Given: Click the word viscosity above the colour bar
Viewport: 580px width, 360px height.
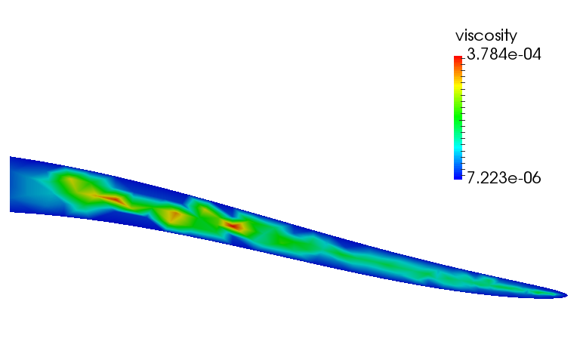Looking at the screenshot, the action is click(486, 36).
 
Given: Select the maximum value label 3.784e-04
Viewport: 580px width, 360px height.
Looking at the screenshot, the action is click(504, 54).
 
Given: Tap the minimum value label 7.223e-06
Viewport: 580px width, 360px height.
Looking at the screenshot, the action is click(504, 178).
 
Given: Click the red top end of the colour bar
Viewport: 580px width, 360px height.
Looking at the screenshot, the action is click(458, 58).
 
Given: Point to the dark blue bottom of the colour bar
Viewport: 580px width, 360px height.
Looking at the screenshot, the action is click(458, 177).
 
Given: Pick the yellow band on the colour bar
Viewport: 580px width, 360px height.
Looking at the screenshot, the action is click(458, 85).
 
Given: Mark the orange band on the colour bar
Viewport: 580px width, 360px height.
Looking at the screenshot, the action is click(458, 69).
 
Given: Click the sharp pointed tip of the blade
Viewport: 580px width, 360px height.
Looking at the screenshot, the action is click(567, 294).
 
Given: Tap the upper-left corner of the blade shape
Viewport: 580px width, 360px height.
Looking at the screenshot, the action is click(10, 157).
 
